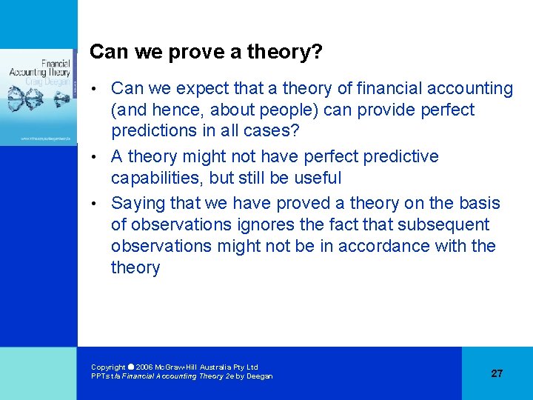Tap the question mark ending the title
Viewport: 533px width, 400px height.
pos(318,52)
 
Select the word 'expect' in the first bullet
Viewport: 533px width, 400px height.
pos(198,89)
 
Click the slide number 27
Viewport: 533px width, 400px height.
pos(497,373)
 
